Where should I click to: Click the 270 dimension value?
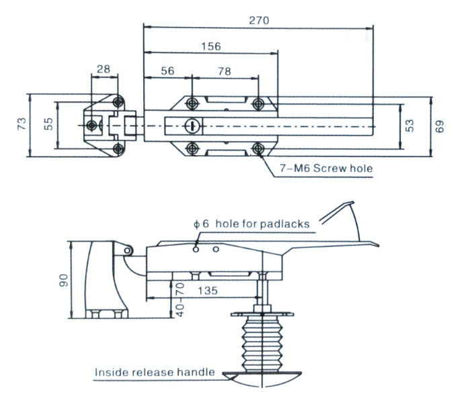259,20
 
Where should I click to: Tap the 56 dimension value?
168,71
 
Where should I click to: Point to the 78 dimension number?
225,71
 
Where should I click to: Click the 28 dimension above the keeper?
104,69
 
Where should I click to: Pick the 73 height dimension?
22,124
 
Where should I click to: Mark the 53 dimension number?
412,125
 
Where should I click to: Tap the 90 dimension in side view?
63,279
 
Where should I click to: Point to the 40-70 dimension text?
179,300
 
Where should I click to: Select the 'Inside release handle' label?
155,371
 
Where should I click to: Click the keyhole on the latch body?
192,125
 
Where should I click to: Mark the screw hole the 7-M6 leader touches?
258,148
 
